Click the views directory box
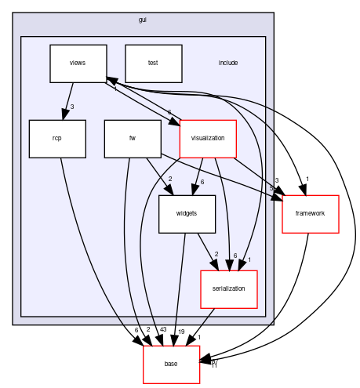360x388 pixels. point(78,63)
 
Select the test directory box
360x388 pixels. point(153,63)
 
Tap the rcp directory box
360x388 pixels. point(57,139)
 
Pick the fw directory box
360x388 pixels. point(133,139)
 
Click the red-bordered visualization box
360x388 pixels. point(208,139)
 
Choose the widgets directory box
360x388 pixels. point(187,213)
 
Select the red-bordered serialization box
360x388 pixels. point(229,288)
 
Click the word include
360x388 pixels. point(228,63)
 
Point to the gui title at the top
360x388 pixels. point(142,19)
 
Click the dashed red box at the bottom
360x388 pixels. point(172,364)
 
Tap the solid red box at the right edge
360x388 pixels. point(311,214)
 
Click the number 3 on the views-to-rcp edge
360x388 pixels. point(72,107)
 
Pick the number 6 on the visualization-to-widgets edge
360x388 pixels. point(202,182)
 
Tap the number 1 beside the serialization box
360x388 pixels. point(249,259)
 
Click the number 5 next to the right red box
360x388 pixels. point(271,189)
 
